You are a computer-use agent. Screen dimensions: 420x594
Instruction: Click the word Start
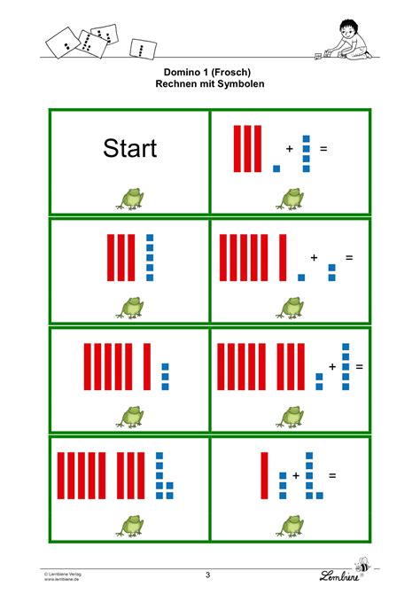coord(130,148)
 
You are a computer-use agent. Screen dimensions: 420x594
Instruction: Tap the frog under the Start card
coord(130,199)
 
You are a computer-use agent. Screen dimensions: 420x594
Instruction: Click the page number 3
coord(207,574)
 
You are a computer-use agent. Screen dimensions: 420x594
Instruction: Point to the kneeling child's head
coord(348,28)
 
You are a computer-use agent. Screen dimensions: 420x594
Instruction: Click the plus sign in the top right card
coord(290,149)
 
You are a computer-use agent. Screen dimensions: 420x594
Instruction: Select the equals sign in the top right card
coord(323,149)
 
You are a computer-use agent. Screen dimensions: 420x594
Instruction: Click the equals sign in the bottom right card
coord(332,475)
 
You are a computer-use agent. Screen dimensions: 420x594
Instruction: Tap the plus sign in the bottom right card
coord(296,475)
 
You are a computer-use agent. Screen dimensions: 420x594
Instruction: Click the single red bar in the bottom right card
coord(264,475)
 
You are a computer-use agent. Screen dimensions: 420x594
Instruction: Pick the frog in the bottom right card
coord(290,527)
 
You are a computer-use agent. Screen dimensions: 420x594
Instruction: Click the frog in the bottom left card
coord(130,527)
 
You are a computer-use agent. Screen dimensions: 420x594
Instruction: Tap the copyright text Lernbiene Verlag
coord(63,574)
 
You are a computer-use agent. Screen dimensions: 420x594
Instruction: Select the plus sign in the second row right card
coord(314,258)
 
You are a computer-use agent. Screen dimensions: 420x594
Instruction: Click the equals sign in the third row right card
coord(360,367)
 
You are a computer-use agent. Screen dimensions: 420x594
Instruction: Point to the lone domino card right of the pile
coord(143,49)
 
